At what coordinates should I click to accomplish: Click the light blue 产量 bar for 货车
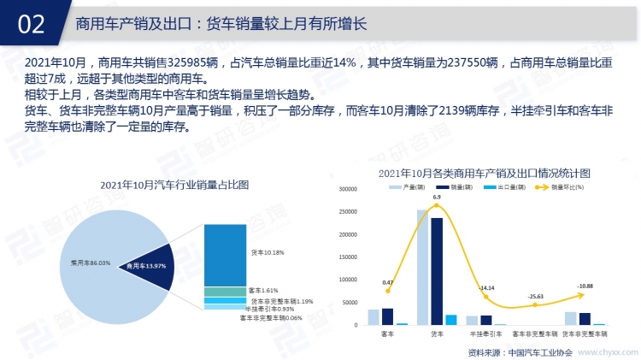pyautogui.click(x=422, y=268)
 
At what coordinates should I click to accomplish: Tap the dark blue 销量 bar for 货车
pyautogui.click(x=437, y=271)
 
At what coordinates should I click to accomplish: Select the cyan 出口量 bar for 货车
pyautogui.click(x=451, y=320)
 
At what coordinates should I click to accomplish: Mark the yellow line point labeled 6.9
pyautogui.click(x=437, y=207)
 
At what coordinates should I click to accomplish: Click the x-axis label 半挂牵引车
pyautogui.click(x=485, y=333)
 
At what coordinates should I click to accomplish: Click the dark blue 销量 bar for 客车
pyautogui.click(x=387, y=316)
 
